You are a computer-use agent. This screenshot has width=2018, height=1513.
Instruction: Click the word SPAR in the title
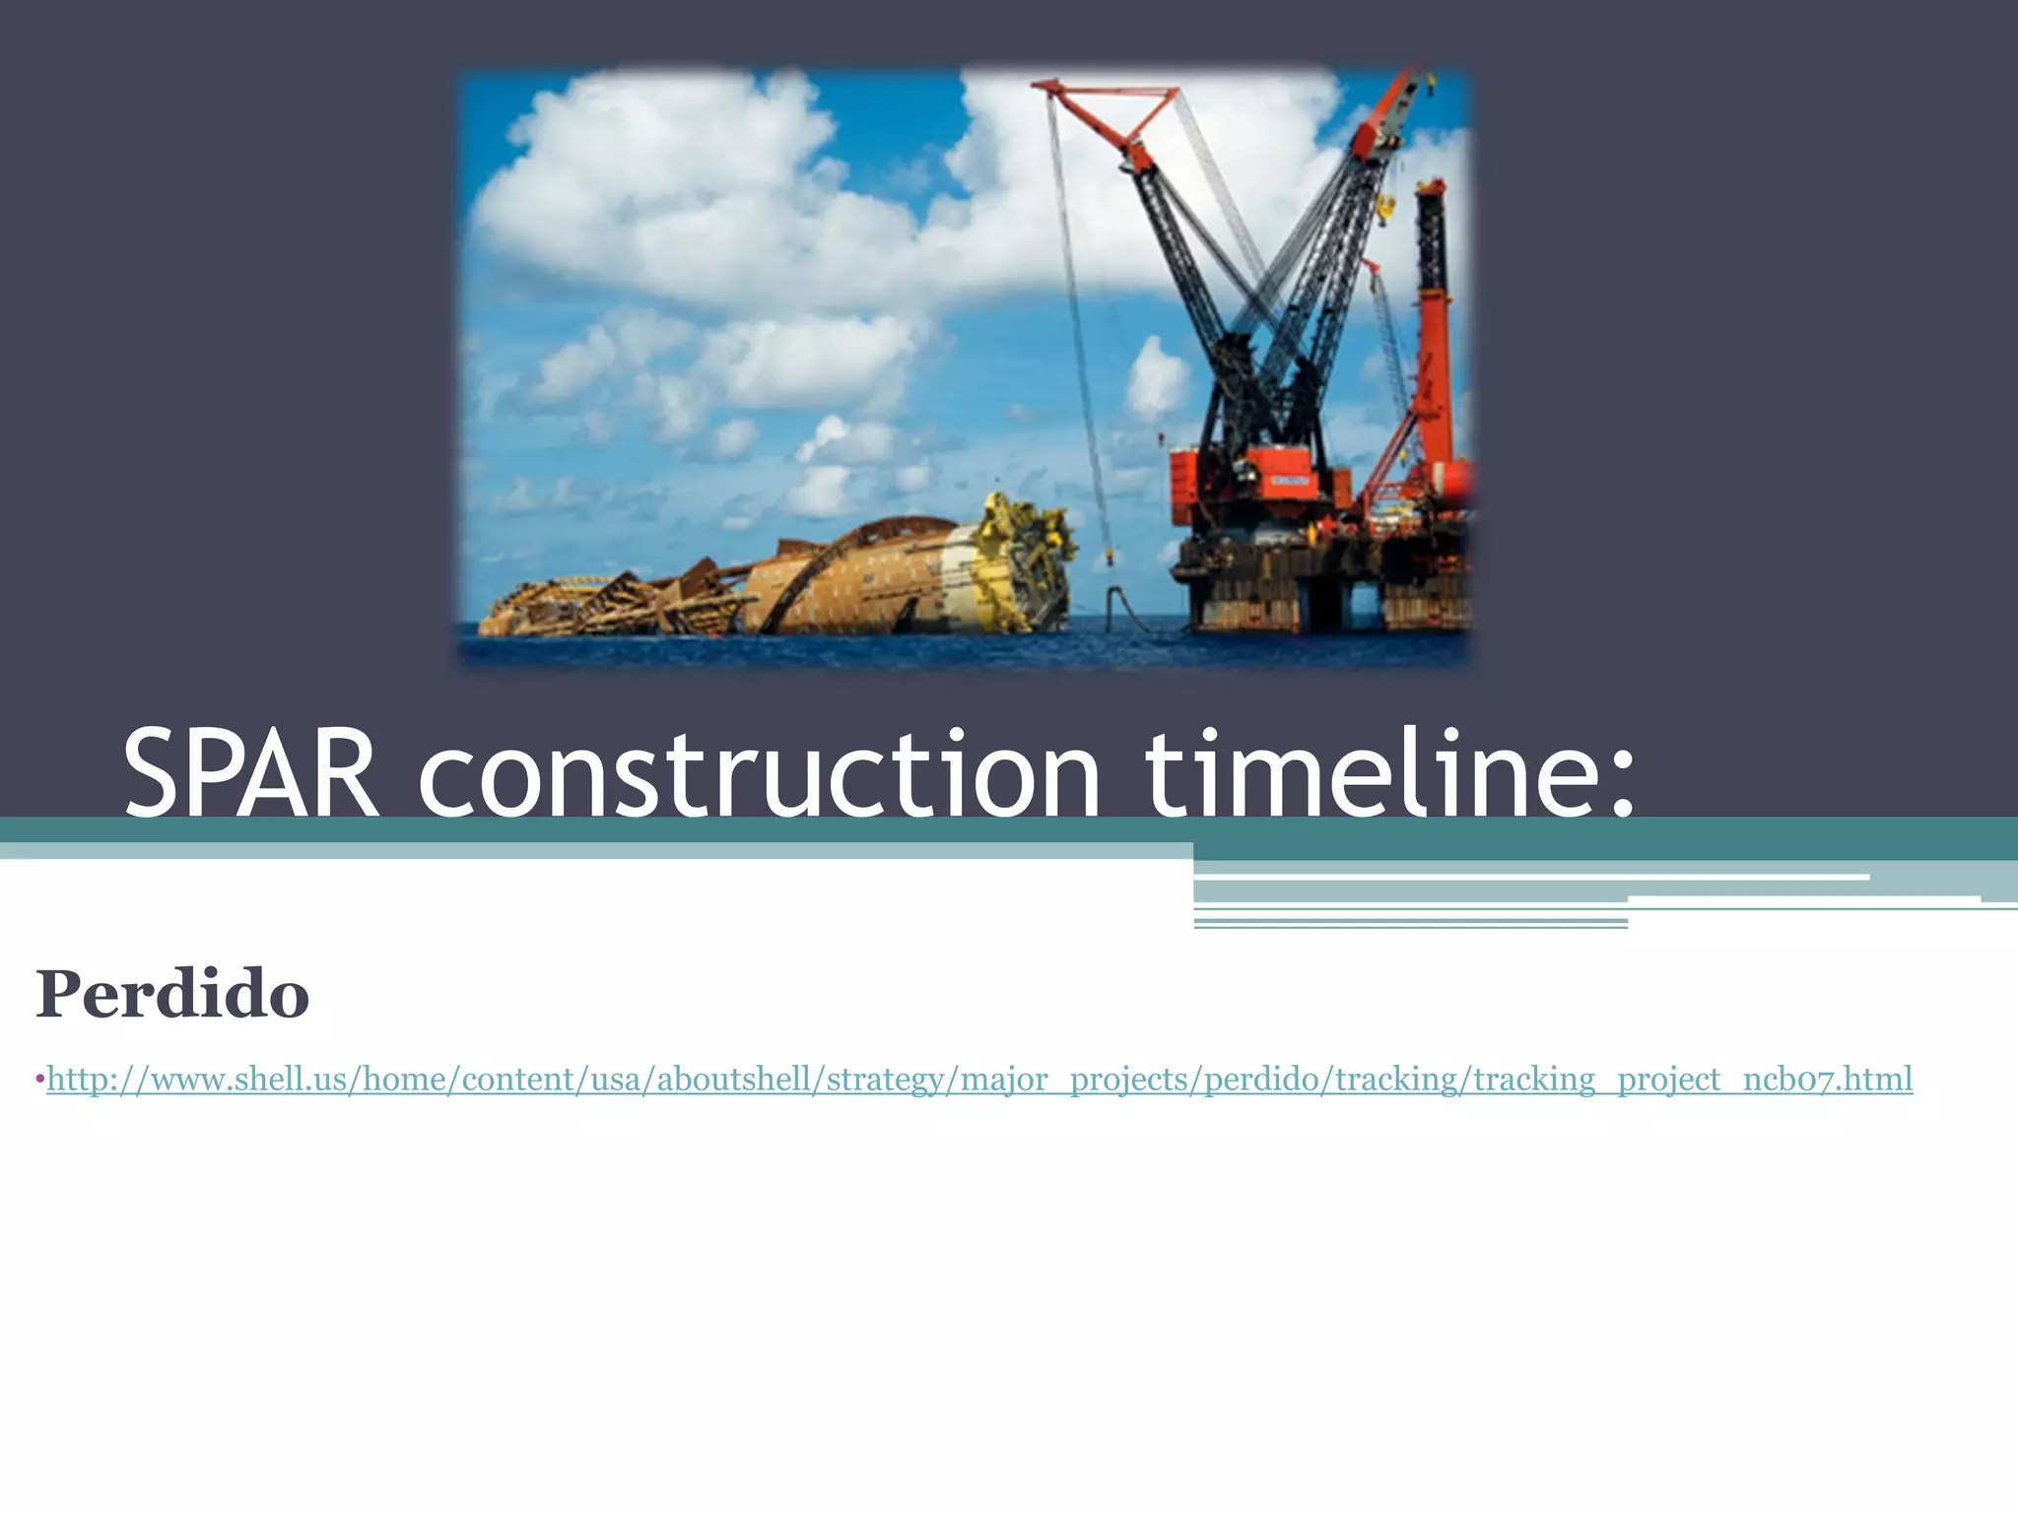tap(250, 774)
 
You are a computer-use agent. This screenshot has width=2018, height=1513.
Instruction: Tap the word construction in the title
tap(759, 774)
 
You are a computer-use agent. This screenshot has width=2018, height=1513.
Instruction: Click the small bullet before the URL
tap(40, 1080)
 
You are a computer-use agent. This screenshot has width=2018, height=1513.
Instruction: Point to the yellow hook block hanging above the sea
tap(1110, 557)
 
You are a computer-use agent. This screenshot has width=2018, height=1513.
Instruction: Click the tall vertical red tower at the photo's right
tap(1433, 325)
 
